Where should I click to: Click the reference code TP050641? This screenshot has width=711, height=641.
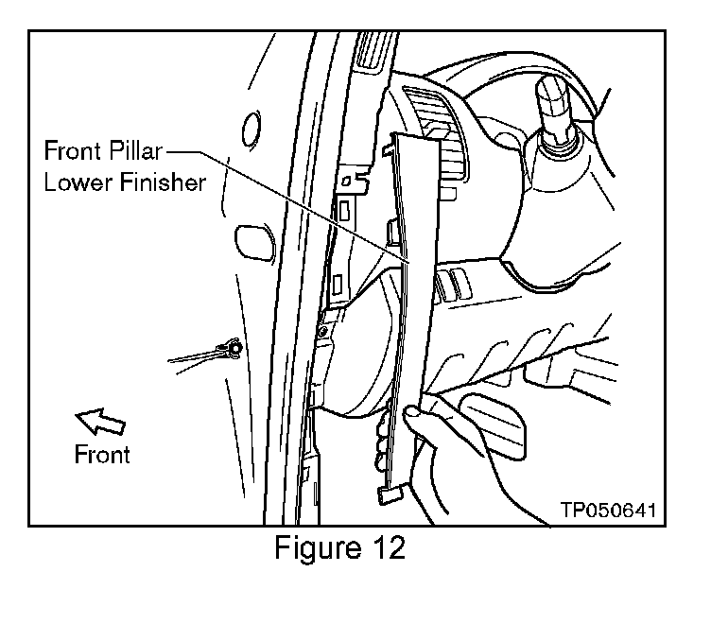(607, 511)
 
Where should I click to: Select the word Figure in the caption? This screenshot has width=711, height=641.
(314, 549)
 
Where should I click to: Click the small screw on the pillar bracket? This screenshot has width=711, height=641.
(324, 331)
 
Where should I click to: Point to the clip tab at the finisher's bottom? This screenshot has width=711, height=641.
(392, 491)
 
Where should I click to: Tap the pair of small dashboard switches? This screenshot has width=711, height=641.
(451, 283)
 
